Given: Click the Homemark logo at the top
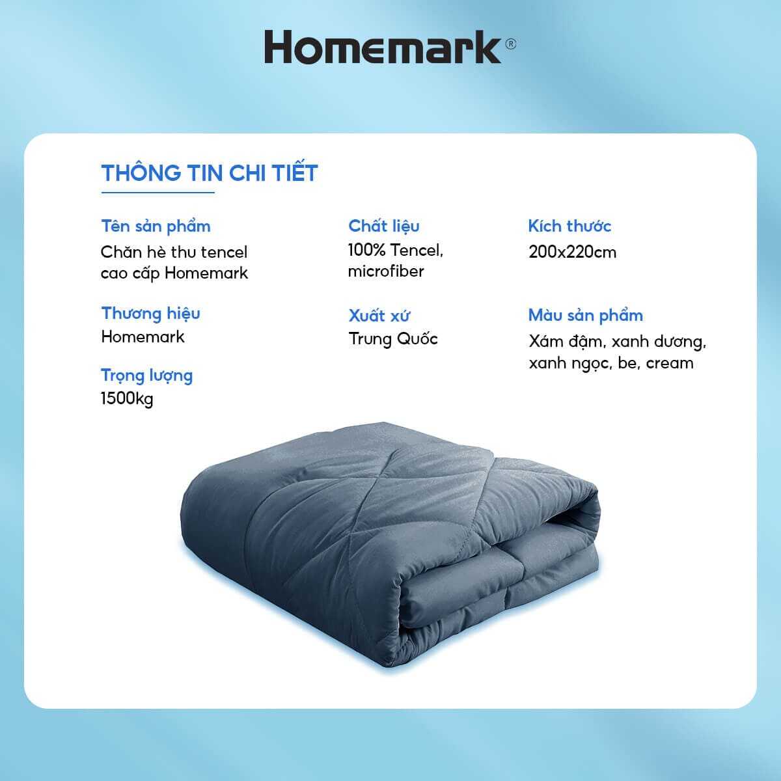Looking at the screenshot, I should point(383,48).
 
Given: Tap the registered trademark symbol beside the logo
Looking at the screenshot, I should point(511,44).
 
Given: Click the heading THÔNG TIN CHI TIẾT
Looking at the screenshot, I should point(210,173).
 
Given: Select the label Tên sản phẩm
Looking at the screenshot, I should point(156,226).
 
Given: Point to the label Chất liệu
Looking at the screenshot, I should point(384,226).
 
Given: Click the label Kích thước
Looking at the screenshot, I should point(569,226).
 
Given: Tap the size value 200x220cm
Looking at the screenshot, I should point(572,252).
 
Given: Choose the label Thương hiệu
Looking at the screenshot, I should point(150,313).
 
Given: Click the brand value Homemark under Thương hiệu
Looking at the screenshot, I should point(143,336).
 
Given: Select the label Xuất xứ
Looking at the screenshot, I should point(379,316).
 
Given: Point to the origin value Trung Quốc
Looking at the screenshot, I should point(393,338).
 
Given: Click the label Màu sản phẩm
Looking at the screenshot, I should point(585,316).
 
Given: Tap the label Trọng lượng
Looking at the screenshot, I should point(146,376).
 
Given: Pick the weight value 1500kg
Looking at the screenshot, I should point(127,398).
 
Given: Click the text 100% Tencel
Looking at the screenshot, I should point(395,250).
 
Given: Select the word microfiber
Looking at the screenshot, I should point(385,271).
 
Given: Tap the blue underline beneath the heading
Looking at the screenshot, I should point(158,193).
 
